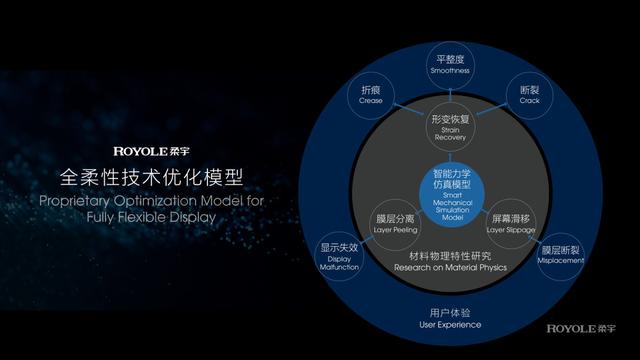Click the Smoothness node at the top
[x=449, y=64]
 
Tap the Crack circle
[x=529, y=95]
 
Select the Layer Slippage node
[x=511, y=222]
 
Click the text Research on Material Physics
[x=449, y=268]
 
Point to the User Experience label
[x=449, y=324]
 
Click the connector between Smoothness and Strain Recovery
[x=449, y=94]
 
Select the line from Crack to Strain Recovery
[x=491, y=109]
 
